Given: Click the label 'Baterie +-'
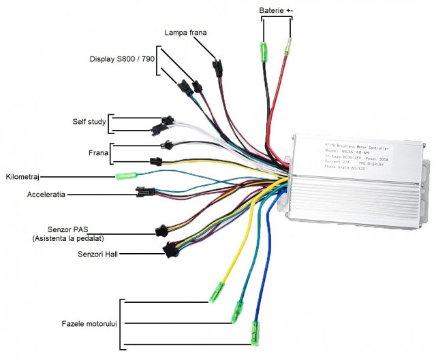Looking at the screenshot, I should click(275, 11).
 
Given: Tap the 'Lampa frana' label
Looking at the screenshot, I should click(185, 32).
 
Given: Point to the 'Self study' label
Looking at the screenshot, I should click(89, 122).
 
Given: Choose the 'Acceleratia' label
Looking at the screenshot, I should click(46, 194).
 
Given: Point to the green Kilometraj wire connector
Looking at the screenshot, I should click(124, 176).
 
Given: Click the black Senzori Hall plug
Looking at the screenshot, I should click(171, 251).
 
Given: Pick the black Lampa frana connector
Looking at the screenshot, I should click(217, 67).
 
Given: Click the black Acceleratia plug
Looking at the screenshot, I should click(145, 192).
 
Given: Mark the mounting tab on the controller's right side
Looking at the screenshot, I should click(428, 177).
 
